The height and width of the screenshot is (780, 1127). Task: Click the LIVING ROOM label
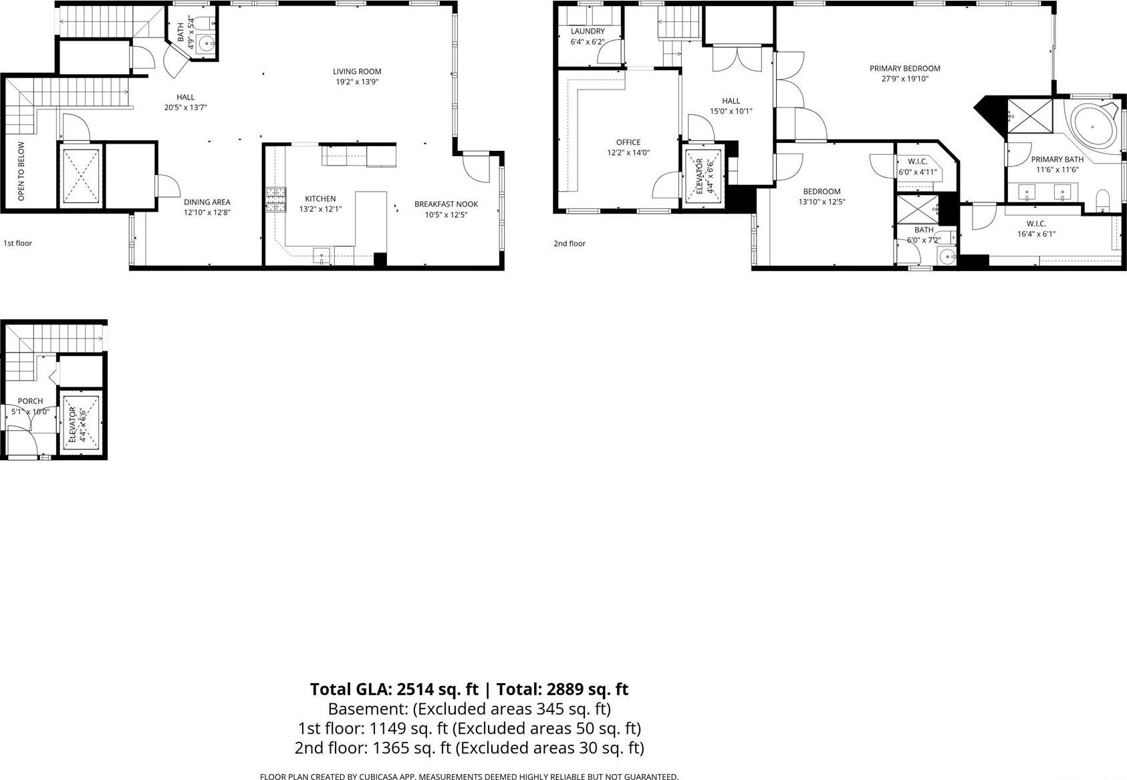pos(357,71)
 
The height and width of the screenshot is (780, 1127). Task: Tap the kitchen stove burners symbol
pos(275,200)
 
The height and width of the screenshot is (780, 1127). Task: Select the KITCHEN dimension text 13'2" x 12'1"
pos(320,209)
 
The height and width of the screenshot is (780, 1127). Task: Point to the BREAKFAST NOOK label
pos(446,204)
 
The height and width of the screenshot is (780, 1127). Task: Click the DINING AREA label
pos(207,202)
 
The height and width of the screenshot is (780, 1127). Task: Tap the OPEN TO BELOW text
pos(21,172)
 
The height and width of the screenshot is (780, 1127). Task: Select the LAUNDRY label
pos(588,31)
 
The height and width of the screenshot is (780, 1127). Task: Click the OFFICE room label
pos(628,142)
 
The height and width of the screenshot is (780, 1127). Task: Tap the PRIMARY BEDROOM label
pos(904,68)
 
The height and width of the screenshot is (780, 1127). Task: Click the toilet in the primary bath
pos(1102,198)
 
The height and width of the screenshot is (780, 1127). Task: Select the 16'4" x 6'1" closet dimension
pos(1036,234)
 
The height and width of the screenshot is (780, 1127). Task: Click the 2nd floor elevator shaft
pos(703,176)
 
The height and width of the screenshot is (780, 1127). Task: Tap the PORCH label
pos(31,401)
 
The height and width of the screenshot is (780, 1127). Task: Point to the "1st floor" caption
pos(18,243)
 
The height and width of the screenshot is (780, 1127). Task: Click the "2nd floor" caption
pos(570,243)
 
